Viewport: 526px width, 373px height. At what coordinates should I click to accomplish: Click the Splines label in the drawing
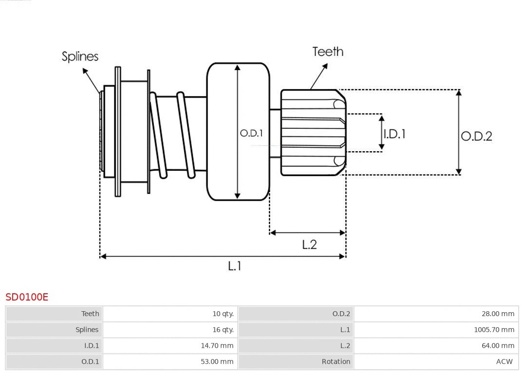(80, 56)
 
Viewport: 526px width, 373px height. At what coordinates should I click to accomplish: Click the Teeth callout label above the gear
(328, 52)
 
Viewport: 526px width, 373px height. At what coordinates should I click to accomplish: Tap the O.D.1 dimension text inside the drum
(251, 133)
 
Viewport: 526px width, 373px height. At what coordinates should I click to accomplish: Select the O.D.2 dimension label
(476, 136)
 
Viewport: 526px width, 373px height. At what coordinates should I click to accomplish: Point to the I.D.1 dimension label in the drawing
(394, 134)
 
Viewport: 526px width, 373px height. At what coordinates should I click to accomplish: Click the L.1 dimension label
(235, 266)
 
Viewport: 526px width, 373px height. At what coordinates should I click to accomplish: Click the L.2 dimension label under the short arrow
(309, 244)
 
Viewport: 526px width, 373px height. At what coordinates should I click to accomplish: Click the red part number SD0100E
(27, 297)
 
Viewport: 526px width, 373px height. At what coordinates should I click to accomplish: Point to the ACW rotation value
(504, 361)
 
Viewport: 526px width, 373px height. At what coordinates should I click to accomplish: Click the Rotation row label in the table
(336, 361)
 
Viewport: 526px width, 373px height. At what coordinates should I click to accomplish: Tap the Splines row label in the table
(87, 330)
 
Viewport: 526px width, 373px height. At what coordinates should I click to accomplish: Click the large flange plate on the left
(118, 131)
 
